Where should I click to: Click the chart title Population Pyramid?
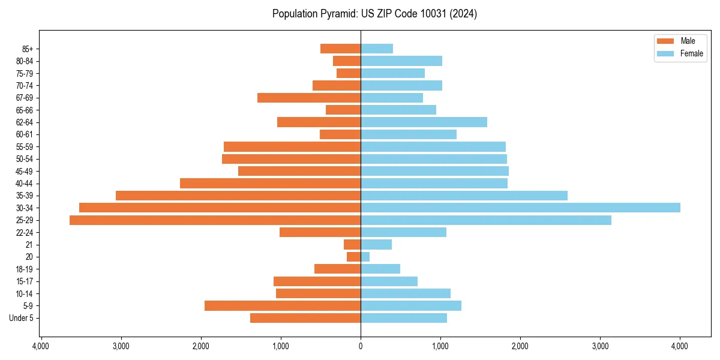(374, 14)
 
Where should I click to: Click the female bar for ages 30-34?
(520, 208)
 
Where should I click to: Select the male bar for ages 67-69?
(309, 98)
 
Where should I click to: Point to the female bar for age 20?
(365, 257)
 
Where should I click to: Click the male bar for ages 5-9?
(283, 306)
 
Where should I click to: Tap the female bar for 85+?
(377, 49)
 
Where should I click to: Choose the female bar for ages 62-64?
(424, 122)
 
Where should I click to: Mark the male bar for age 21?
(352, 245)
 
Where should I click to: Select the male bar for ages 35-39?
(238, 196)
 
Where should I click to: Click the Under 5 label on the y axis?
(22, 318)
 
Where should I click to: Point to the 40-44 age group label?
(25, 184)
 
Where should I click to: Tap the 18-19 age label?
(25, 269)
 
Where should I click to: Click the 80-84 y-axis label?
(25, 61)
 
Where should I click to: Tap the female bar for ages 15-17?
(389, 281)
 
